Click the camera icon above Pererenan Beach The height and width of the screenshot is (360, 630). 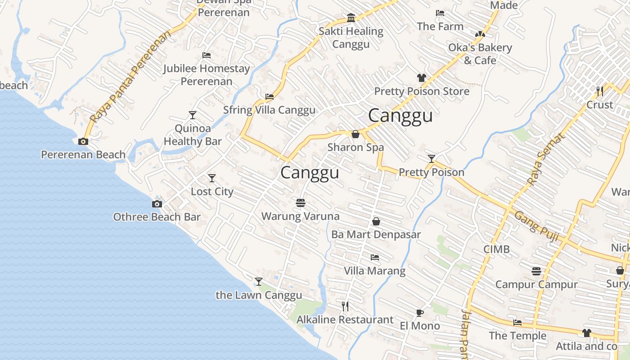pos(83,142)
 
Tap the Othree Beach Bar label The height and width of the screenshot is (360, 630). pos(157,217)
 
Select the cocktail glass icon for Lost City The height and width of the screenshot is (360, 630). pos(212,178)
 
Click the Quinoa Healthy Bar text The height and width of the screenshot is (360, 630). pos(193,135)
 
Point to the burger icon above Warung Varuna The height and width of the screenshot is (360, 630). pos(301,203)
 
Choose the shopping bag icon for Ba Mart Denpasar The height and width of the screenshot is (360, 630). pos(376,221)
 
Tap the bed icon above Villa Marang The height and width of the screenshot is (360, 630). pos(374,257)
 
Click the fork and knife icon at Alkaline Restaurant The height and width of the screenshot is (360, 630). pos(345,306)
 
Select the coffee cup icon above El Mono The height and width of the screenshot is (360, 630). pos(420,313)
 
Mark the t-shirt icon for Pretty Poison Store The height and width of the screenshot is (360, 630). pos(421,78)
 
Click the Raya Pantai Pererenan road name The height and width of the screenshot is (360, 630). pos(130,77)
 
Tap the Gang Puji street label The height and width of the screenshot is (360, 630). pos(536,226)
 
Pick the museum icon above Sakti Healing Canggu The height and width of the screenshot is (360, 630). pos(351,18)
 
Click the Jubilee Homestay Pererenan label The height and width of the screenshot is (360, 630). pos(207,75)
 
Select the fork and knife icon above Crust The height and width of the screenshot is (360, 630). pos(600,91)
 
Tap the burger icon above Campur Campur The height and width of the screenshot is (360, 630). pos(536,271)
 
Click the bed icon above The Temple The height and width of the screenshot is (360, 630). pos(517,323)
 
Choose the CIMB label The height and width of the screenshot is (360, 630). pos(496,249)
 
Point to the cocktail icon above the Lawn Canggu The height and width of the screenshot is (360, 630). pos(259,282)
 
